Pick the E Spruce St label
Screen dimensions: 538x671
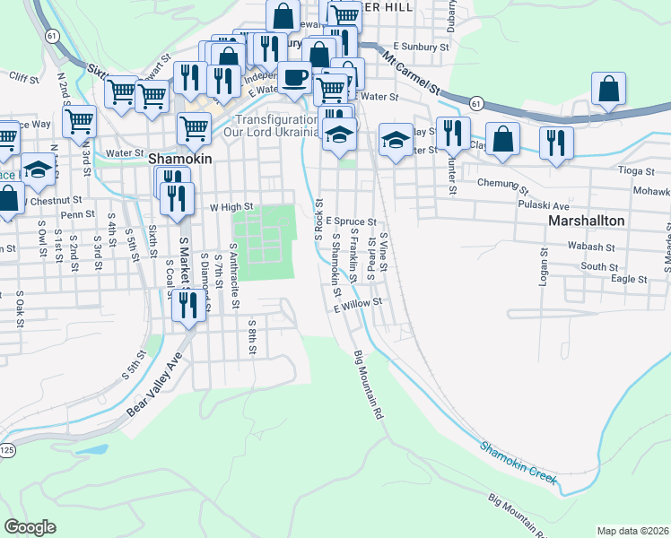click(x=350, y=220)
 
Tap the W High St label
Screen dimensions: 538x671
click(x=232, y=206)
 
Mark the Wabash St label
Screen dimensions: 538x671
click(x=596, y=247)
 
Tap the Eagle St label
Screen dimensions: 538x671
click(x=629, y=279)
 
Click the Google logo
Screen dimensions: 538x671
click(x=30, y=527)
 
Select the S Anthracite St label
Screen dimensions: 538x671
click(x=234, y=281)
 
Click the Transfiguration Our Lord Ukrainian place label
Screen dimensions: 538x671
click(x=276, y=126)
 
